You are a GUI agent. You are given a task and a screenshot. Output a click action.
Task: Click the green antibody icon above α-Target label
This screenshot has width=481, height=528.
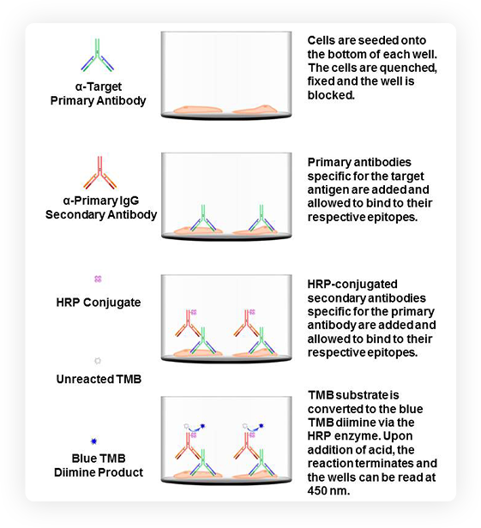click(98, 56)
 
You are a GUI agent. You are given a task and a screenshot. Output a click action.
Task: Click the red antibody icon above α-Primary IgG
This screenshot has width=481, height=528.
click(99, 173)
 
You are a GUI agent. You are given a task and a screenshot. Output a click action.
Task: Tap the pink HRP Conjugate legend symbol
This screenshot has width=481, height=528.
click(98, 279)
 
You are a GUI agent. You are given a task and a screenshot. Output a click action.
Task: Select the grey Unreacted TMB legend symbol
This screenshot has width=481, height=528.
click(98, 361)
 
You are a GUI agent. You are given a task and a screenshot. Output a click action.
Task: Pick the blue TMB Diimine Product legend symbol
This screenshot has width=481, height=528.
click(94, 441)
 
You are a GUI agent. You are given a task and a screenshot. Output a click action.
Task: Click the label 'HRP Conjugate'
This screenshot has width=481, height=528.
click(99, 302)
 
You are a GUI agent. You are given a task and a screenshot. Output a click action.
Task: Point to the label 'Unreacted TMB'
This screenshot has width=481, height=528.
click(99, 379)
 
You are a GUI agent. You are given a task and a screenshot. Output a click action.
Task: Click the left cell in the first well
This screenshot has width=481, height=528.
click(198, 110)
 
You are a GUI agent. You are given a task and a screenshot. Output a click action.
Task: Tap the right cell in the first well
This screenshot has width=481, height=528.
click(255, 110)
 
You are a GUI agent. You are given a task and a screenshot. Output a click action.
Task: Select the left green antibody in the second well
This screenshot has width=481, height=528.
click(203, 219)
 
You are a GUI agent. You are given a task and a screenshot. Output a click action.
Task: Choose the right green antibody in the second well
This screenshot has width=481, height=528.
click(262, 219)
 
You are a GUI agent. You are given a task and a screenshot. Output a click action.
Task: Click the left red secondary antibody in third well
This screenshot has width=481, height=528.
click(188, 324)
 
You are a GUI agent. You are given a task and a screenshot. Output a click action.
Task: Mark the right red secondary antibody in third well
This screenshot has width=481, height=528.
click(247, 324)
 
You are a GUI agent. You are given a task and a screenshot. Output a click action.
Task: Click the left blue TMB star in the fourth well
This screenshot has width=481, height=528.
click(202, 426)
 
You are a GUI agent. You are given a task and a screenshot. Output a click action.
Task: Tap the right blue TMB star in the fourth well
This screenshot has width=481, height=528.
click(261, 426)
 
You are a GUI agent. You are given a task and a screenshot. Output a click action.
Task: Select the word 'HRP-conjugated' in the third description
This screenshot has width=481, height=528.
click(352, 285)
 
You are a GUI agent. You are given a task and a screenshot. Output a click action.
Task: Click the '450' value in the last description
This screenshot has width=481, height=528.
click(318, 490)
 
